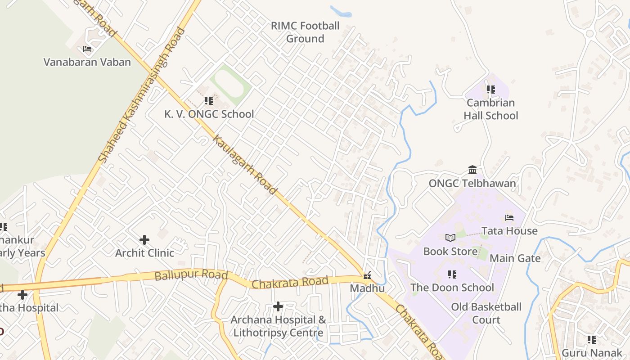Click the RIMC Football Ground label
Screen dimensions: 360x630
pos(305,32)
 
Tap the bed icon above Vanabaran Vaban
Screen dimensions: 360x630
pos(87,49)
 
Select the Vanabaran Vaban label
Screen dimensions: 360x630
pos(87,62)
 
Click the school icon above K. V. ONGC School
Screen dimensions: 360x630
pos(208,101)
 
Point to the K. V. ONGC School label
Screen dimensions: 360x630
pos(209,114)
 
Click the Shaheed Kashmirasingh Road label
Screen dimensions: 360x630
pos(142,95)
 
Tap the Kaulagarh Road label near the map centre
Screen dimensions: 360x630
pos(244,165)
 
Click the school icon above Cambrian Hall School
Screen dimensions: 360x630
pos(490,90)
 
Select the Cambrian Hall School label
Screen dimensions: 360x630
pos(490,109)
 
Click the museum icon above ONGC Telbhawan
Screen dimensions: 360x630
pos(472,170)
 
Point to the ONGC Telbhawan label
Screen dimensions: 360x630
pos(472,184)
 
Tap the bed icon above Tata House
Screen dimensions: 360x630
pos(509,218)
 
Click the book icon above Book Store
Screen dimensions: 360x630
pos(450,238)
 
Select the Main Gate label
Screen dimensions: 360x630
pos(515,258)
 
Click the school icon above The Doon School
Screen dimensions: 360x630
pos(452,274)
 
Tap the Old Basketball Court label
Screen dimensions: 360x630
pos(486,313)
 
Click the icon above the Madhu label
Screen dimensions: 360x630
pos(368,275)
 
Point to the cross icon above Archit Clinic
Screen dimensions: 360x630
pos(144,239)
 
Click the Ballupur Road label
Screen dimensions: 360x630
pos(191,275)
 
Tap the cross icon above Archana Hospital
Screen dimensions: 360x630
pos(278,306)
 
